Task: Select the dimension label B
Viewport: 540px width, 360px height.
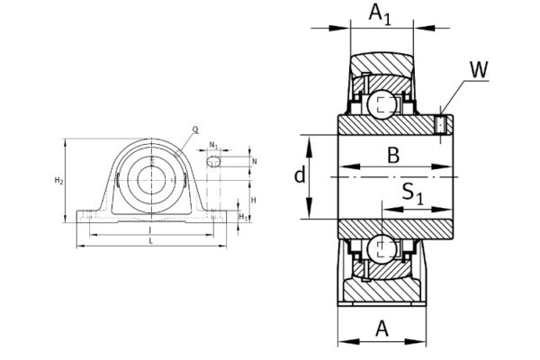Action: pyautogui.click(x=393, y=155)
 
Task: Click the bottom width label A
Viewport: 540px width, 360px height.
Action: pyautogui.click(x=382, y=329)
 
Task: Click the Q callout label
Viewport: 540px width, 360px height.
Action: pyautogui.click(x=195, y=129)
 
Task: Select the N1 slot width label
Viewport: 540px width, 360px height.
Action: pyautogui.click(x=213, y=145)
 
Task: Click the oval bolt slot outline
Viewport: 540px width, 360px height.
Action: pyautogui.click(x=213, y=161)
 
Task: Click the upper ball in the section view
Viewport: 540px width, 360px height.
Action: pyautogui.click(x=382, y=104)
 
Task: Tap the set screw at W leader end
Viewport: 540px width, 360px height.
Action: pyautogui.click(x=440, y=124)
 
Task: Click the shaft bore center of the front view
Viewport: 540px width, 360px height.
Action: pyautogui.click(x=150, y=175)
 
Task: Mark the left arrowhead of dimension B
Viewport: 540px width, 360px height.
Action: pyautogui.click(x=343, y=168)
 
